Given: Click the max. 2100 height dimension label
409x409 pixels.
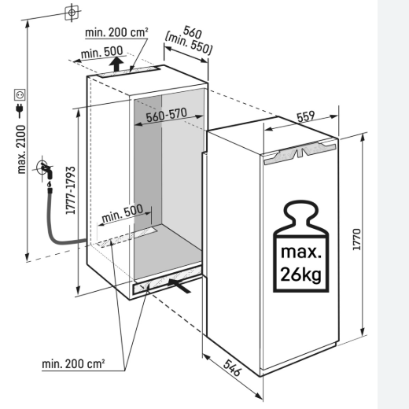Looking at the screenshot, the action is (21, 149).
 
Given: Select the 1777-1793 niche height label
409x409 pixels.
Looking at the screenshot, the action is (71, 190).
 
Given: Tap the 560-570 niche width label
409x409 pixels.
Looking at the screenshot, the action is (167, 115).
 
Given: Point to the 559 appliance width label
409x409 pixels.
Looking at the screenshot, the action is (306, 116).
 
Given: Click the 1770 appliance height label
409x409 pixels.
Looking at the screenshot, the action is (357, 240).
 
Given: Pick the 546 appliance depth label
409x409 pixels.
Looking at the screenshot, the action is (232, 367).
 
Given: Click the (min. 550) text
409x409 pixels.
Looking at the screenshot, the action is (189, 43).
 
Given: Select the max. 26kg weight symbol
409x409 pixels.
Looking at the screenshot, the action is (301, 246).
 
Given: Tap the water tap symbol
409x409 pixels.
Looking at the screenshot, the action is (45, 170).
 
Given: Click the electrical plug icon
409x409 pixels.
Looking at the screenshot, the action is (20, 109).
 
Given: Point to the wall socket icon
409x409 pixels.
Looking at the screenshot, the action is (20, 94).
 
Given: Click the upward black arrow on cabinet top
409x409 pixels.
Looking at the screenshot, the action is (116, 64).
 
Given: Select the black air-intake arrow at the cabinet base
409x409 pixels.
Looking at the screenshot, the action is (179, 286).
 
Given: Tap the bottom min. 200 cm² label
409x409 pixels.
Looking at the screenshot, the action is (73, 364).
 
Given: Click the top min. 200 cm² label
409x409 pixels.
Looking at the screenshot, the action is (116, 32).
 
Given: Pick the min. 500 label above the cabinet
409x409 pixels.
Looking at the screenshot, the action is (101, 52).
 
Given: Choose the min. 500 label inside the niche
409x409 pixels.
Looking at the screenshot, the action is (123, 213).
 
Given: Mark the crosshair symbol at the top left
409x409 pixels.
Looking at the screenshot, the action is (72, 13).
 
